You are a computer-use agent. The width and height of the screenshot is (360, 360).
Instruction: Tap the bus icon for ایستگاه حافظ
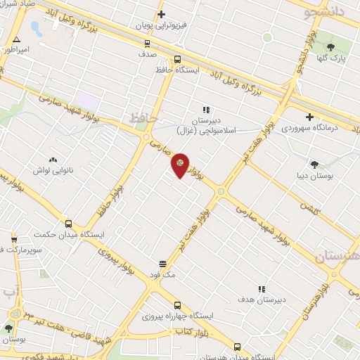click(x=177, y=60)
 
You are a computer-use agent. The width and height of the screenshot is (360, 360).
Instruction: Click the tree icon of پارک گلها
click(x=341, y=47)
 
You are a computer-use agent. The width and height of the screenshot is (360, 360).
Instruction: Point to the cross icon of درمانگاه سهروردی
click(x=310, y=117)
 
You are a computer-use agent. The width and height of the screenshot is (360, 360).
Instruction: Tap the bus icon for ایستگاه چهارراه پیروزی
click(x=177, y=306)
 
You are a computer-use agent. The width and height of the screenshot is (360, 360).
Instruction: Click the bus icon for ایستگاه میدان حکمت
click(x=68, y=224)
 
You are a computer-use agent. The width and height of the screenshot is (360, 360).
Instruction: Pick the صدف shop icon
click(x=147, y=44)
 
